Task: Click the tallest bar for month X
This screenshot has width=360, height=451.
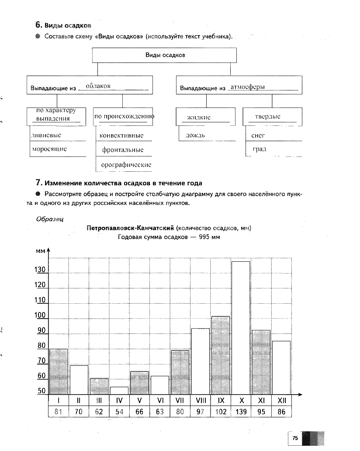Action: coord(240,328)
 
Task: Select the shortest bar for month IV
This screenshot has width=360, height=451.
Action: coord(119,391)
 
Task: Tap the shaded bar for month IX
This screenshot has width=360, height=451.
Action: coord(220,355)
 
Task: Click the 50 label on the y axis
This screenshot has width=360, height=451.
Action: coord(41,391)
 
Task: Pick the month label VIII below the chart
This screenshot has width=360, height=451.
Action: coord(201,400)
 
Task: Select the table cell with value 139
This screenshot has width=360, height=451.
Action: coord(241,411)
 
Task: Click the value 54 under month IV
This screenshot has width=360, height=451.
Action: coord(119,411)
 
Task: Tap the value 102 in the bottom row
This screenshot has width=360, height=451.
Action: coord(221,411)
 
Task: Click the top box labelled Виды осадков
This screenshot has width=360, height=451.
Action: coord(164,56)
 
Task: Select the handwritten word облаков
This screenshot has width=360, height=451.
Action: coord(98,86)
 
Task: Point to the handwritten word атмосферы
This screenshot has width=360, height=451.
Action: coord(247,87)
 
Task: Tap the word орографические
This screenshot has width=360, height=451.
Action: coord(126,165)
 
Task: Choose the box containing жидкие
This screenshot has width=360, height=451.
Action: coord(205,117)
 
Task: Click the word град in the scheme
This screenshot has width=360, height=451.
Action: coord(259,149)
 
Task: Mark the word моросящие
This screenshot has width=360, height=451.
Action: coord(49,149)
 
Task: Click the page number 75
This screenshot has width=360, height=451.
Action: coord(295,438)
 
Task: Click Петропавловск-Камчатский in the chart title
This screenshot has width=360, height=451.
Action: coord(130,228)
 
